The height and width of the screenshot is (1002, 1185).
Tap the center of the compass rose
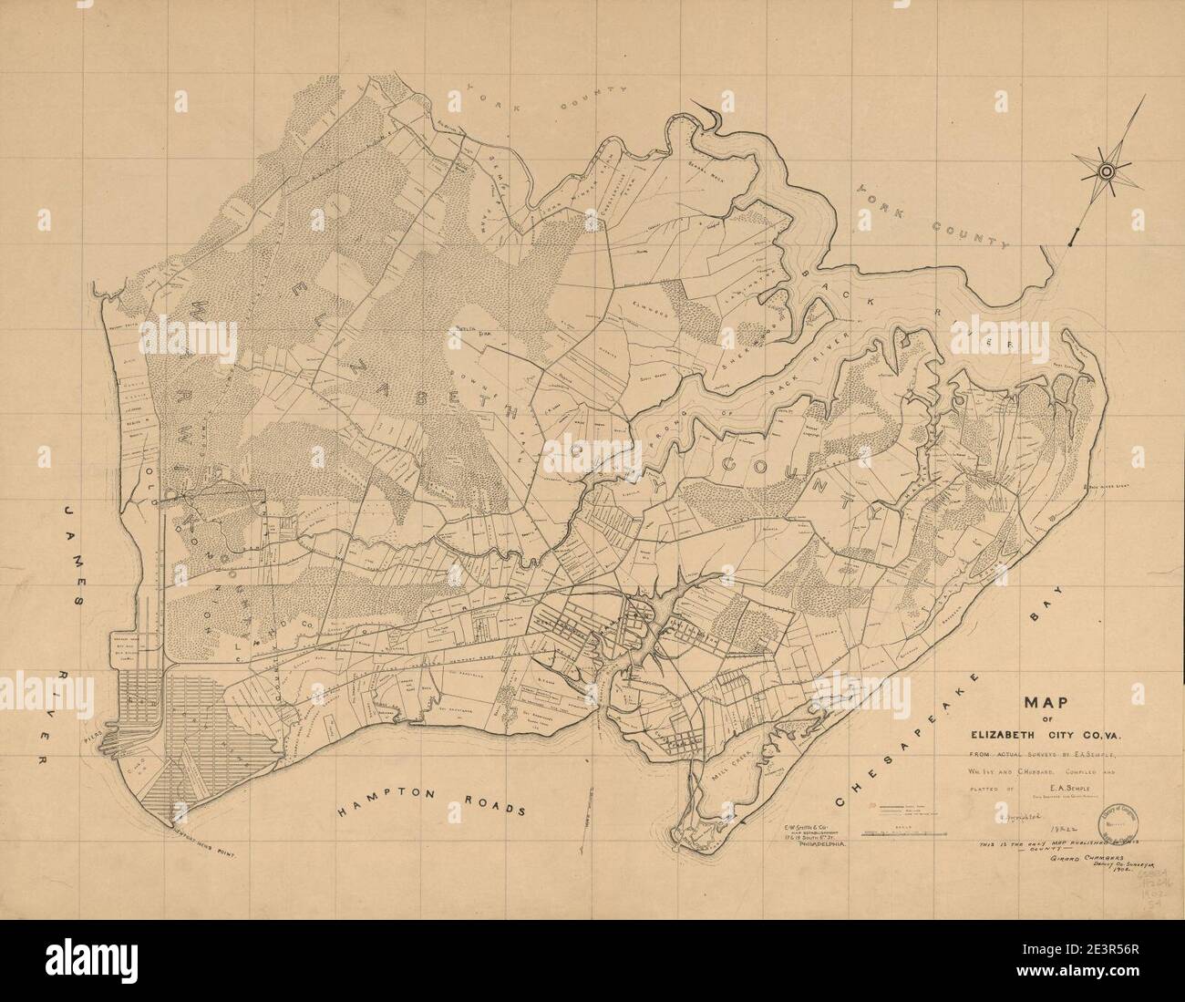1106,170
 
